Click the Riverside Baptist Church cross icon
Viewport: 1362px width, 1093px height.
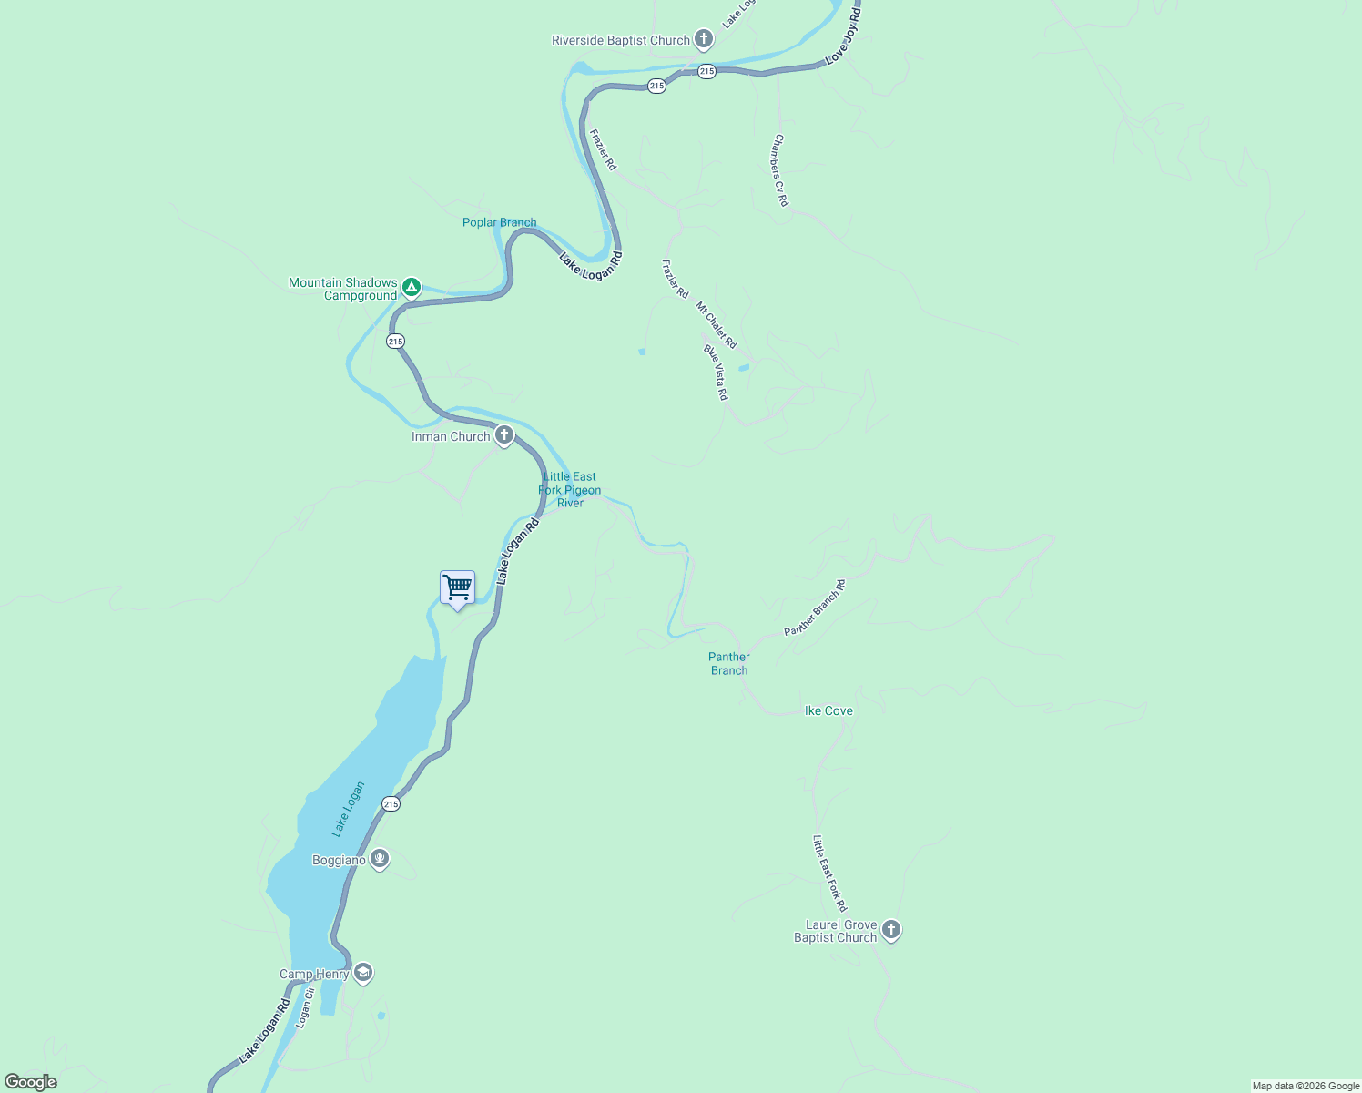703,40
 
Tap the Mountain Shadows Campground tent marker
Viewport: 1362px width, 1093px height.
412,288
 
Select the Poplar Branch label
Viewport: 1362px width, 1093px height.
499,222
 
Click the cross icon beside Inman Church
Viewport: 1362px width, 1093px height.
504,435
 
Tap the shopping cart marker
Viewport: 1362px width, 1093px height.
457,587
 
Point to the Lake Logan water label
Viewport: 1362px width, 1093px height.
348,809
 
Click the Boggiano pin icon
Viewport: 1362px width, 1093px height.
380,859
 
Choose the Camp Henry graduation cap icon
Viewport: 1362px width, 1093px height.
363,974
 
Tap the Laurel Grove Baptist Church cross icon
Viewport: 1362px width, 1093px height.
891,930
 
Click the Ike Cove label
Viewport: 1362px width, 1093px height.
828,710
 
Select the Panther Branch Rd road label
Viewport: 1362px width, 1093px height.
815,608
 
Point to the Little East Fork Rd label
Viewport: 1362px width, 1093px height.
830,873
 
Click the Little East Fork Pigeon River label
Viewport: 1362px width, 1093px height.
570,490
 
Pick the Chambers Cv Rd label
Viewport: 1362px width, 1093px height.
780,170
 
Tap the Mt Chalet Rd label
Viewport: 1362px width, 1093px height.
717,325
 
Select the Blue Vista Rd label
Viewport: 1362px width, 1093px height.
716,372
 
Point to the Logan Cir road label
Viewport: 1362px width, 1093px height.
304,1008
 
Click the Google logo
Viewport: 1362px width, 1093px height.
31,1082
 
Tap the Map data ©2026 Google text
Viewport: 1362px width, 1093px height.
1305,1086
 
